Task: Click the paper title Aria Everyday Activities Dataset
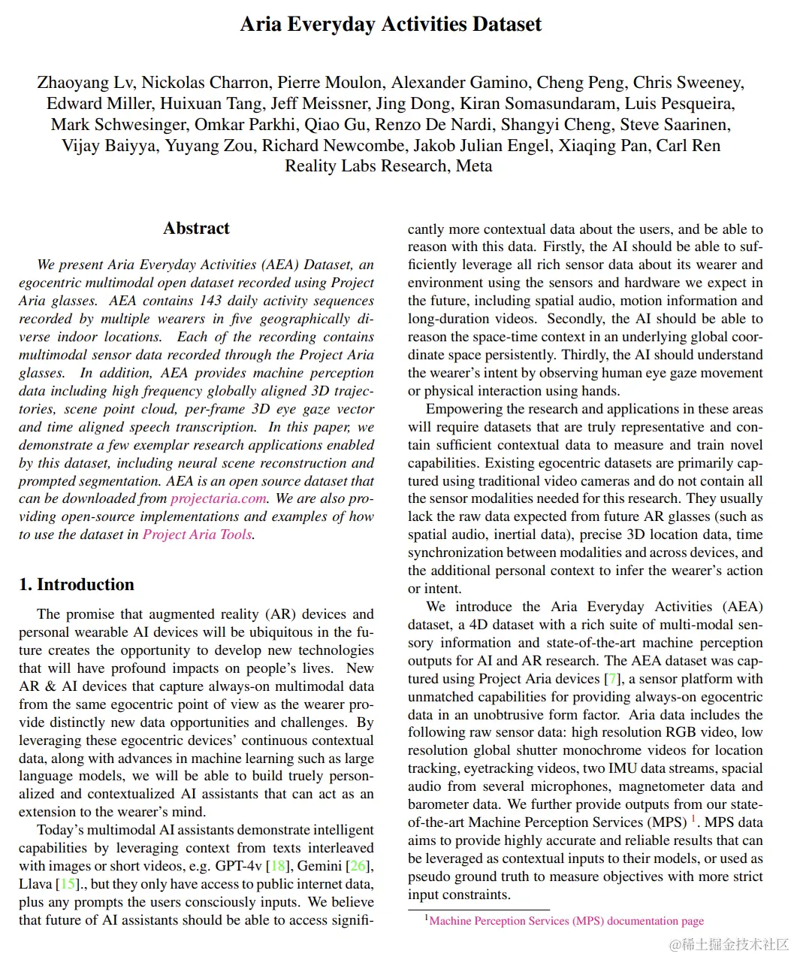coord(391,24)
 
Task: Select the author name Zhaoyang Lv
coord(85,83)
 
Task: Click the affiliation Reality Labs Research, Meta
coord(388,165)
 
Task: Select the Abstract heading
coord(196,229)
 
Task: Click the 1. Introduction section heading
coord(77,584)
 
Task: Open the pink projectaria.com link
coord(219,498)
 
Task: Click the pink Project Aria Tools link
coord(198,535)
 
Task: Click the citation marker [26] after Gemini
coord(361,866)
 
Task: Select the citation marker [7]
coord(613,679)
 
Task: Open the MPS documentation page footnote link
coord(566,921)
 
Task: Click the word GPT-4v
coord(240,866)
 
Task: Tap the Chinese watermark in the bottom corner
coord(729,944)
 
